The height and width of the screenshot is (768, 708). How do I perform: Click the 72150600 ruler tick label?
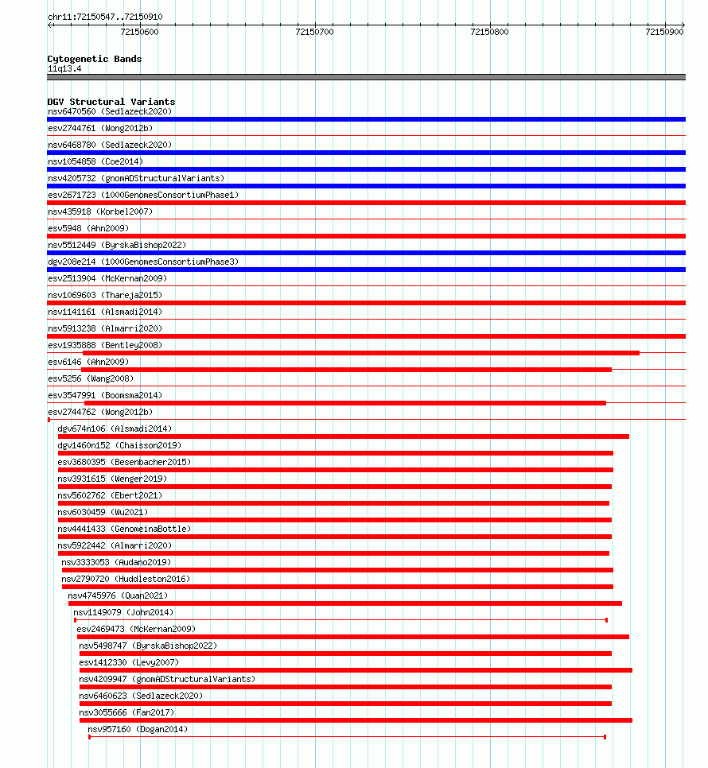(x=139, y=32)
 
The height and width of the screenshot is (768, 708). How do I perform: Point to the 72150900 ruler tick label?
(x=663, y=32)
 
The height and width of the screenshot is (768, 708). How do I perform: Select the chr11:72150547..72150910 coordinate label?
(x=105, y=17)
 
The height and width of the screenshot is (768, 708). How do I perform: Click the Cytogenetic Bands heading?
(x=95, y=59)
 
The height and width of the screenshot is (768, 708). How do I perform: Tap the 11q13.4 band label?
(x=64, y=68)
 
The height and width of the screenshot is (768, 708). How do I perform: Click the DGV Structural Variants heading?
(x=111, y=102)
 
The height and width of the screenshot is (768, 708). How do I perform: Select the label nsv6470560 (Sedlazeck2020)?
(x=109, y=111)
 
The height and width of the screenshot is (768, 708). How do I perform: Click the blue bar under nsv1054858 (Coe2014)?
(x=366, y=169)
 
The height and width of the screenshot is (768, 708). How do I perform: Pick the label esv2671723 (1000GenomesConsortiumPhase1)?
(x=143, y=195)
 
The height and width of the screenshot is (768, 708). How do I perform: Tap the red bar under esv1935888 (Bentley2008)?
(x=360, y=353)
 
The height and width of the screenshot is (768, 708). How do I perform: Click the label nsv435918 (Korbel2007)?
(x=100, y=211)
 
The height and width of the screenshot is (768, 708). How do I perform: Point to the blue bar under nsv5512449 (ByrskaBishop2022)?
(x=366, y=253)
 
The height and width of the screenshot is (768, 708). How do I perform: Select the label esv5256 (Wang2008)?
(x=91, y=378)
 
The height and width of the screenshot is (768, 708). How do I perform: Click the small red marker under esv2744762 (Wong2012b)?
(x=49, y=420)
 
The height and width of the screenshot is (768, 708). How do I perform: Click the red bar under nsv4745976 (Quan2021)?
(x=344, y=603)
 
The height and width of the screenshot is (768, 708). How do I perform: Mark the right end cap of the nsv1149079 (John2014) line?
(x=606, y=620)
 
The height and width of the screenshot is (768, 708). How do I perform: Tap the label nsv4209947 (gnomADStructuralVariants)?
(x=167, y=679)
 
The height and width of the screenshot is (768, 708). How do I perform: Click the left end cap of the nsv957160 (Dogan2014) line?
(x=89, y=737)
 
